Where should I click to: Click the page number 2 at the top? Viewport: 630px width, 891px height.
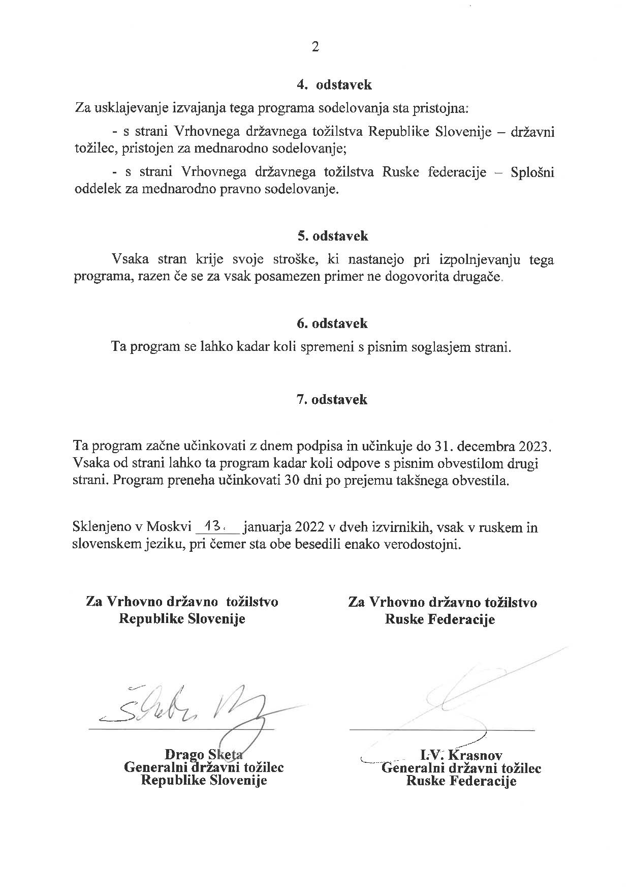click(x=315, y=47)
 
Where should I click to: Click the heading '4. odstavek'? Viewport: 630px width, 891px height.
click(x=334, y=85)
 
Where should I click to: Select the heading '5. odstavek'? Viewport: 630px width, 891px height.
click(x=333, y=236)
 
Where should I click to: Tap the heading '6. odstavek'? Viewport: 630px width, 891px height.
click(x=332, y=323)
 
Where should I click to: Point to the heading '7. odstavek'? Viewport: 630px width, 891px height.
click(x=332, y=399)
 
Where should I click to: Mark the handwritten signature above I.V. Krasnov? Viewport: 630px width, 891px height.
click(x=457, y=697)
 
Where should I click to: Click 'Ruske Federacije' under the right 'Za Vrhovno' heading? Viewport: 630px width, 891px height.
click(x=440, y=619)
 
